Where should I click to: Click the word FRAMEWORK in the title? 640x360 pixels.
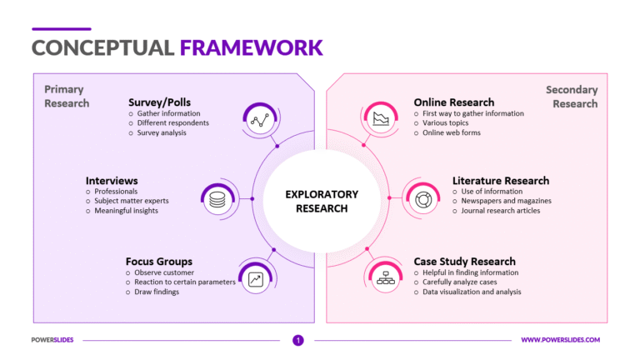pyautogui.click(x=251, y=47)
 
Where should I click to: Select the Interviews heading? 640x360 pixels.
pyautogui.click(x=112, y=180)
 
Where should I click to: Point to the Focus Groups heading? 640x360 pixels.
pyautogui.click(x=158, y=261)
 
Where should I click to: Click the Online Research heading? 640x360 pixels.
pyautogui.click(x=453, y=102)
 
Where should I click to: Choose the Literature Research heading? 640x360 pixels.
pyautogui.click(x=501, y=180)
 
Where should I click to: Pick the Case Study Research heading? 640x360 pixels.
pyautogui.click(x=464, y=261)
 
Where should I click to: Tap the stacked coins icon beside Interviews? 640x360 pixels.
pyautogui.click(x=217, y=199)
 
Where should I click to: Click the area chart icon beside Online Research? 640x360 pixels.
pyautogui.click(x=382, y=118)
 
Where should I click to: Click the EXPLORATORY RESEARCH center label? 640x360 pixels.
pyautogui.click(x=321, y=201)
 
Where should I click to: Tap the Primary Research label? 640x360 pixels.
pyautogui.click(x=66, y=96)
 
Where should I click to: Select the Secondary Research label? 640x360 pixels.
pyautogui.click(x=572, y=96)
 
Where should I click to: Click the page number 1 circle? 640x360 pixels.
pyautogui.click(x=297, y=340)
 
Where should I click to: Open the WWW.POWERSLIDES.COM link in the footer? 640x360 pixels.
pyautogui.click(x=560, y=340)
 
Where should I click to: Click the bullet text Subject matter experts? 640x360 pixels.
pyautogui.click(x=131, y=201)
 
